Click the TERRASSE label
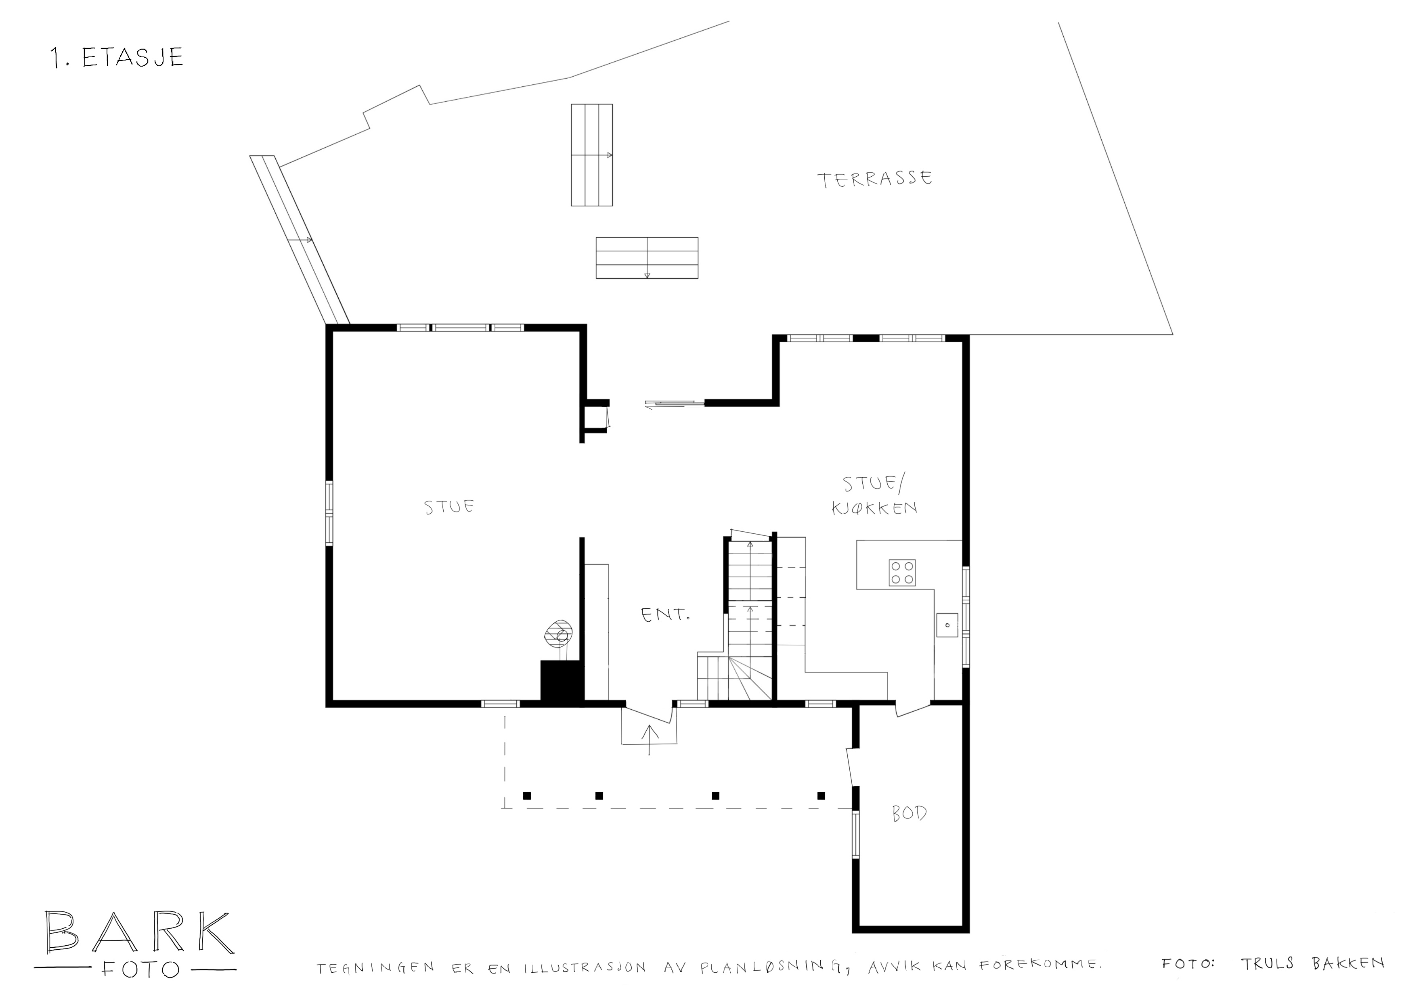coord(875,179)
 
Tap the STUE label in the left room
coord(450,507)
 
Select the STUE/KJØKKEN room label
coord(874,496)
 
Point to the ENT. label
coord(665,615)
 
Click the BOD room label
coord(910,813)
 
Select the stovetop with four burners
coord(902,572)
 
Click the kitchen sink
coord(947,625)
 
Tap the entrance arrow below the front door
coord(650,740)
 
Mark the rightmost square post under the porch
coord(821,796)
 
